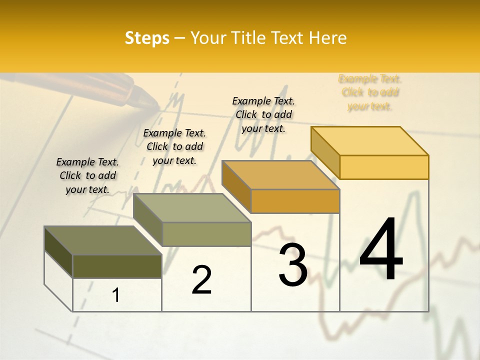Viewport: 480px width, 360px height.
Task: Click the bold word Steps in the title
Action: pos(147,38)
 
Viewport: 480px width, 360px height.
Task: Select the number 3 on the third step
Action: pos(292,265)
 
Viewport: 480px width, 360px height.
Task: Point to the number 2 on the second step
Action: pos(201,280)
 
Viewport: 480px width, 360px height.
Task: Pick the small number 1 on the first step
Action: pos(115,295)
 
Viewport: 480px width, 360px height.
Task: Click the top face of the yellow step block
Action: pos(370,141)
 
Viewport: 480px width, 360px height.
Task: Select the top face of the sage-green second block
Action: pos(192,208)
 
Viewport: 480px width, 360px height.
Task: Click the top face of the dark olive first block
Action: pos(102,240)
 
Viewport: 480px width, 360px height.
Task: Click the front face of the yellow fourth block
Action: pos(384,167)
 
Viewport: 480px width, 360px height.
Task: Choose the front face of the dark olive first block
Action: pos(117,266)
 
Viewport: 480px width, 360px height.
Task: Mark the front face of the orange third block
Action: pos(295,201)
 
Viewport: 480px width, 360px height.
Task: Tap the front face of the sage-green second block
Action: pos(206,234)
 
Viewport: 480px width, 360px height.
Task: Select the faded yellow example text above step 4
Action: pos(370,92)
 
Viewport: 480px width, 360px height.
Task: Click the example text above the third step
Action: pos(263,114)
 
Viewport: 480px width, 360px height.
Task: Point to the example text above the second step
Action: pos(174,146)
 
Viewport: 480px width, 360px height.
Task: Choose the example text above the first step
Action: pos(87,175)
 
